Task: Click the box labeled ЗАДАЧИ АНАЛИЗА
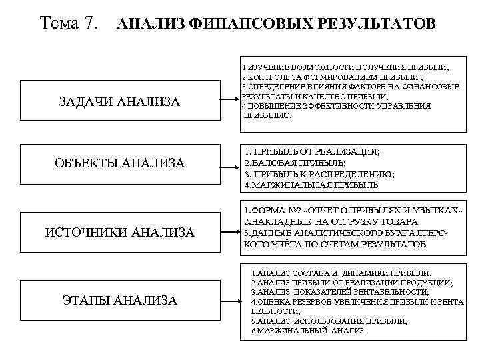pyautogui.click(x=120, y=101)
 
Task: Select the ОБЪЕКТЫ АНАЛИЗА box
pyautogui.click(x=120, y=163)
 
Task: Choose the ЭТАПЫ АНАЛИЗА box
pyautogui.click(x=120, y=301)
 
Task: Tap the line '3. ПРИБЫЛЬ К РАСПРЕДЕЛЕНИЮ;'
pyautogui.click(x=319, y=174)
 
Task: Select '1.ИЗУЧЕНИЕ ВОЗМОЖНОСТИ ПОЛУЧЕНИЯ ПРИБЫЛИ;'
pyautogui.click(x=345, y=68)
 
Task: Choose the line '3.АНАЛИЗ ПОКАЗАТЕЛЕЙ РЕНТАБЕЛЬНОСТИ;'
pyautogui.click(x=340, y=292)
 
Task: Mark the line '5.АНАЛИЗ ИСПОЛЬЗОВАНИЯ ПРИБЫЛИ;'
pyautogui.click(x=329, y=321)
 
